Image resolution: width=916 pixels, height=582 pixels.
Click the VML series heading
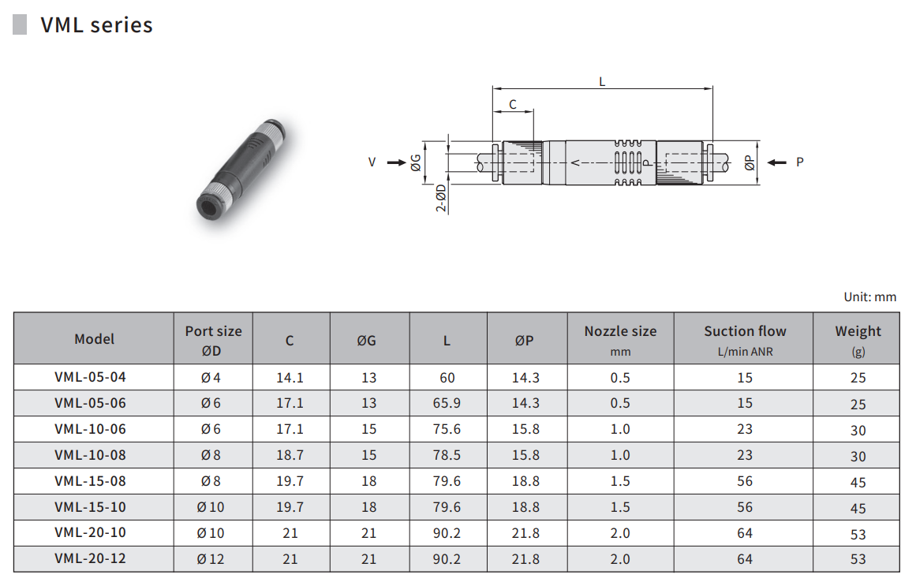coord(96,25)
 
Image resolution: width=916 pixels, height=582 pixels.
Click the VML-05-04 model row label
coord(90,377)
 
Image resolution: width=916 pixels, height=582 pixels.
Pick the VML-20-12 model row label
coord(90,558)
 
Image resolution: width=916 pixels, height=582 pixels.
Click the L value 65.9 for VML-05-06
coord(447,403)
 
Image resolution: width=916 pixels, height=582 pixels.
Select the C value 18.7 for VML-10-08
coord(290,455)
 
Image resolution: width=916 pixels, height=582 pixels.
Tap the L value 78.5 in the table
coord(447,455)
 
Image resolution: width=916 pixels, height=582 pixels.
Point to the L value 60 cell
coord(447,378)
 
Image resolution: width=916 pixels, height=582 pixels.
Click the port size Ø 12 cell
coord(211,559)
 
